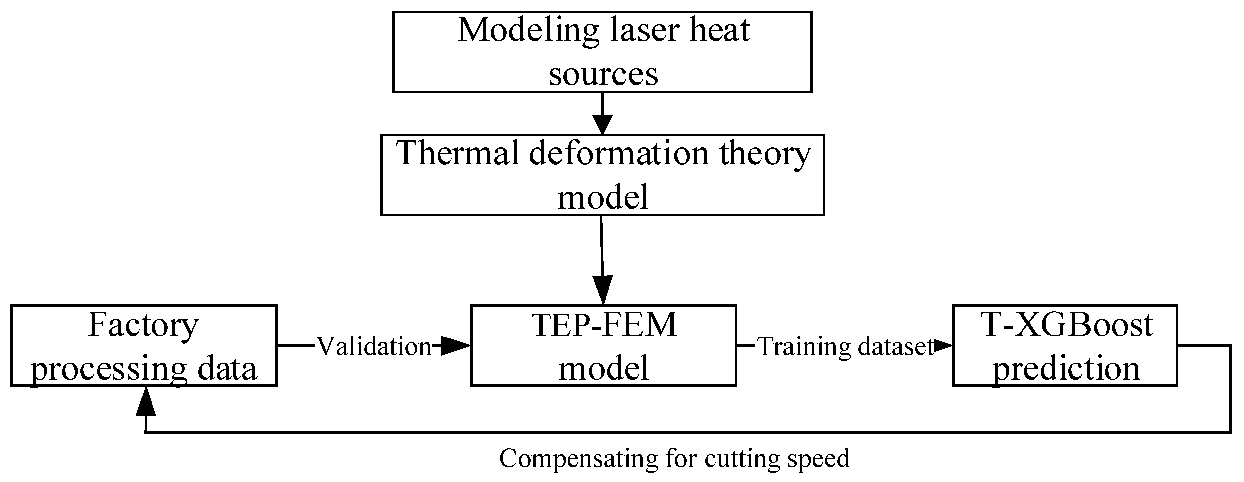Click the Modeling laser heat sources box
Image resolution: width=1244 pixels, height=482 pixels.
pos(602,52)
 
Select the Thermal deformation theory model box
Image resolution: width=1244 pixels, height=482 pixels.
pos(602,174)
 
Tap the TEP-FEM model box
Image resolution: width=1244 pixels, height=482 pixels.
pos(603,345)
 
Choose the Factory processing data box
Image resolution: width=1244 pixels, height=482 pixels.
pos(143,345)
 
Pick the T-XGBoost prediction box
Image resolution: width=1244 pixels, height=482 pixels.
pos(1065,345)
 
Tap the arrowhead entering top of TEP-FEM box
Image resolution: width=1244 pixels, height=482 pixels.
pos(603,291)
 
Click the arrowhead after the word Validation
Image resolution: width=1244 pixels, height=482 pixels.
pos(455,346)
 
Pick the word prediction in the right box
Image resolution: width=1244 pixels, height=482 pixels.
pos(1066,368)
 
